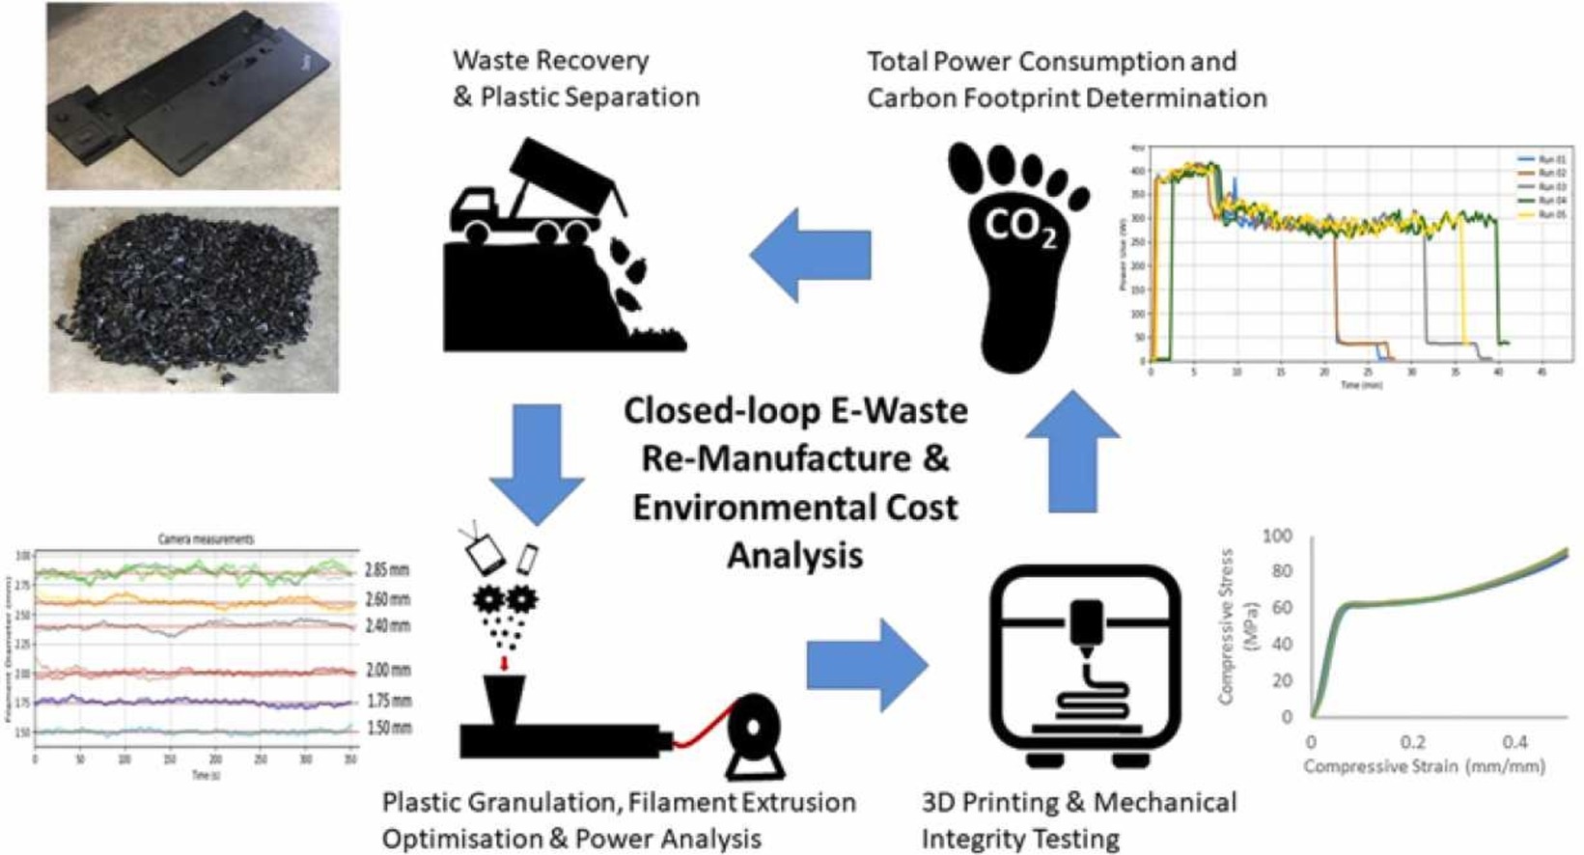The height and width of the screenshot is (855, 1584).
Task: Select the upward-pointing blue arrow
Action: click(x=1072, y=450)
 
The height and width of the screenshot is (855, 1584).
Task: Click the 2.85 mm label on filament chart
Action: click(x=387, y=570)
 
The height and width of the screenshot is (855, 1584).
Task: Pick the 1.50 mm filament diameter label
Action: click(x=390, y=728)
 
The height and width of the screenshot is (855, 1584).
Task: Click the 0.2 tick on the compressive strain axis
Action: click(x=1412, y=743)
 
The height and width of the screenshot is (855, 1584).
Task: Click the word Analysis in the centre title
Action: click(x=794, y=556)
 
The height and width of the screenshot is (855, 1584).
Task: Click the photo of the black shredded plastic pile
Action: click(x=194, y=299)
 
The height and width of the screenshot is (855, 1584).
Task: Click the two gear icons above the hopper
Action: click(x=505, y=599)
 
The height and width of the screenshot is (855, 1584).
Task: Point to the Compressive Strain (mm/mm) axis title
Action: click(x=1424, y=767)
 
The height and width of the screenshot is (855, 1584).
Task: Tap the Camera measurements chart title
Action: click(x=207, y=539)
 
